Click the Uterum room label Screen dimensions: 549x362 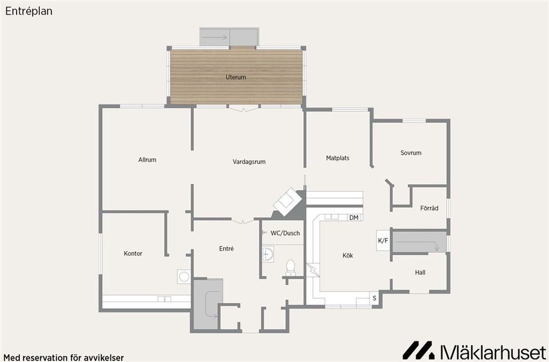tap(236, 77)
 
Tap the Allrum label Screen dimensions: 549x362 tap(147, 160)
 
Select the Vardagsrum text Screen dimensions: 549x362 tap(249, 162)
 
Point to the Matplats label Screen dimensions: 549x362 tap(337, 158)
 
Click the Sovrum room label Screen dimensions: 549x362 tap(411, 152)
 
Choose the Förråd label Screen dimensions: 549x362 tap(429, 208)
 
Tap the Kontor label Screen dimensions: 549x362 tap(133, 254)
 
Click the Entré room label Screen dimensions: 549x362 tap(226, 248)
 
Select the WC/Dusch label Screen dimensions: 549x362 tap(285, 233)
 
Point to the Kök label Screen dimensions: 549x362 tap(348, 255)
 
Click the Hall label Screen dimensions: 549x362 tap(420, 272)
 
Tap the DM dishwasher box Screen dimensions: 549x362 tap(355, 218)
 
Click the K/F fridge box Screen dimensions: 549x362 tap(383, 240)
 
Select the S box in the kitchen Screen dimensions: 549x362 tap(374, 299)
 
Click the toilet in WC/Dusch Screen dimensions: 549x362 tap(291, 268)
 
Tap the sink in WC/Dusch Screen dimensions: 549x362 tap(268, 254)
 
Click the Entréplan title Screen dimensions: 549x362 tap(29, 11)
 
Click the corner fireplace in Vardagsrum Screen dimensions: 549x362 tap(288, 202)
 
